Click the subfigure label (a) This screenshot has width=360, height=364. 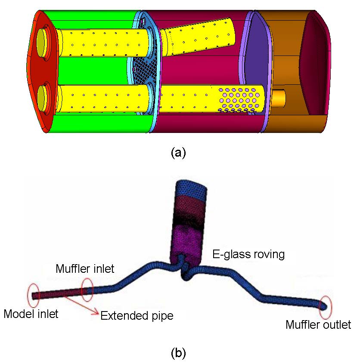point(178,153)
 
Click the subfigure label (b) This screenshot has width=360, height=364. point(178,354)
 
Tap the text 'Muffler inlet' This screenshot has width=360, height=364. point(85,269)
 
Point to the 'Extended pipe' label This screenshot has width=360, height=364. point(137,316)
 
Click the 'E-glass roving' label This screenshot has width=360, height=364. point(249,254)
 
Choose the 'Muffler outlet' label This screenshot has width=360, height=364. point(318,324)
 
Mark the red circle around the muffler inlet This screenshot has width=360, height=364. point(87,290)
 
